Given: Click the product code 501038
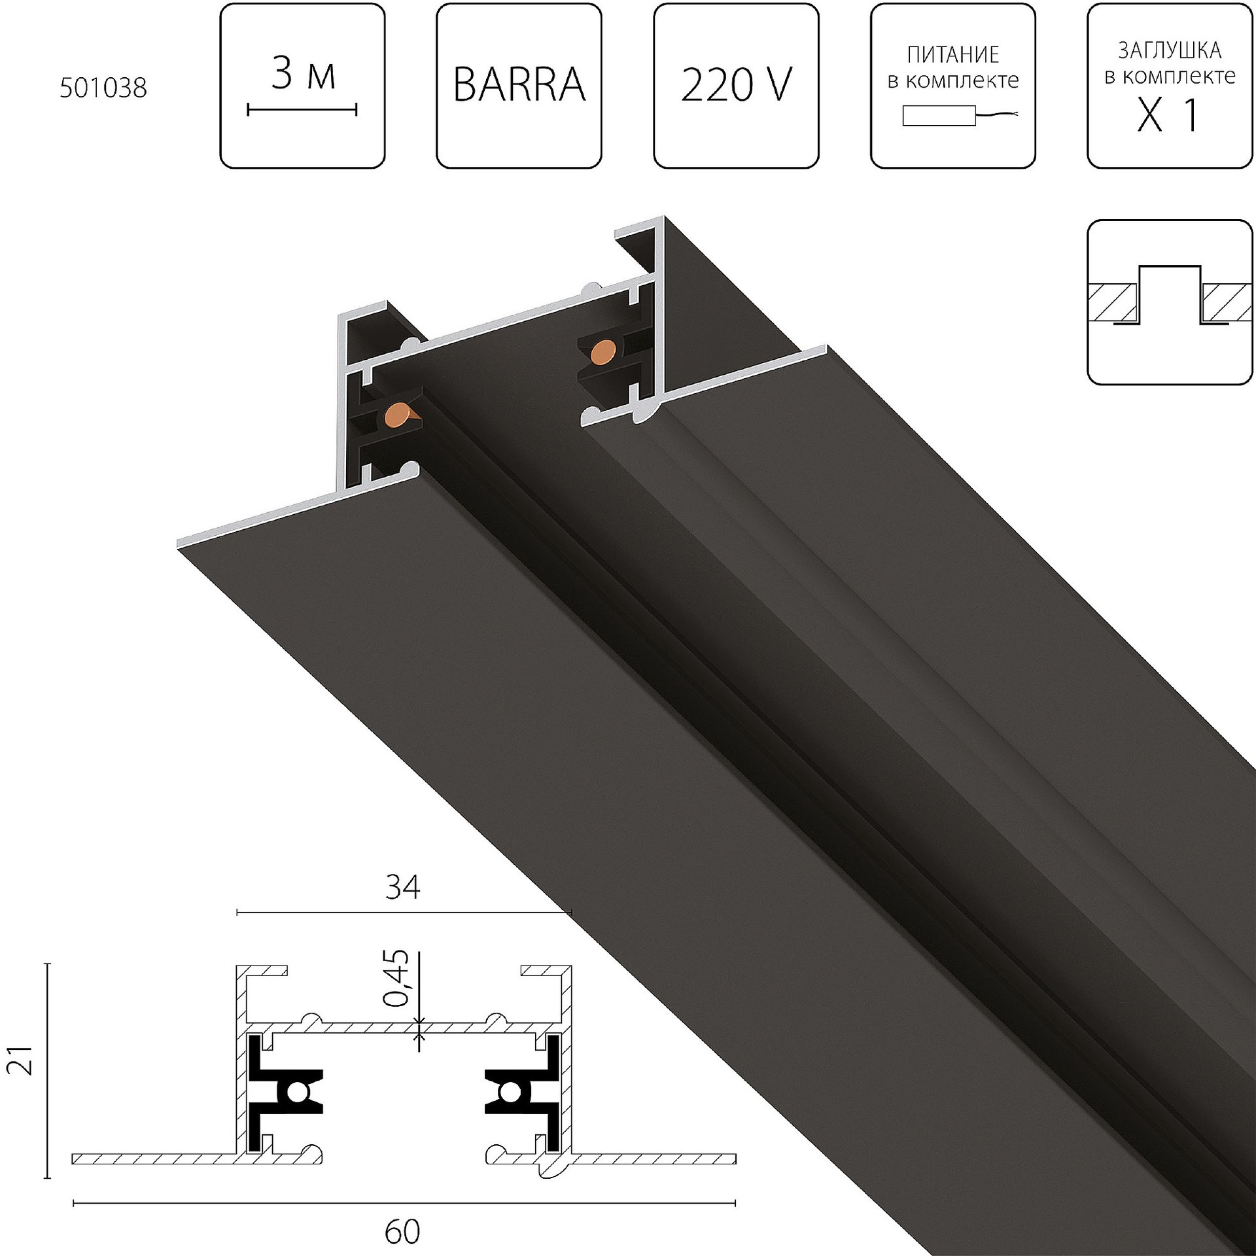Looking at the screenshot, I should tap(103, 88).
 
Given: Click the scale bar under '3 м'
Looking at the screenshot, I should tap(302, 109).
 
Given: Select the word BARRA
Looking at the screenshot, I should tap(519, 86).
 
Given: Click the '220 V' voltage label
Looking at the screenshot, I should tap(736, 86).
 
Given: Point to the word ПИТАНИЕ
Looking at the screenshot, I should tap(953, 55).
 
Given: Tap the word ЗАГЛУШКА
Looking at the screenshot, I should tap(1170, 50).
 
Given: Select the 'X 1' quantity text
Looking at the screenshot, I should tap(1169, 116).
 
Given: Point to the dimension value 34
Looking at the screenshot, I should tap(402, 888).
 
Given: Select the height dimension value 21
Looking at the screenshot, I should tap(20, 1059).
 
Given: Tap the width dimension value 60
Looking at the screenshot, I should tap(402, 1232).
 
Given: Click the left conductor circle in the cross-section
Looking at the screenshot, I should tap(298, 1092).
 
